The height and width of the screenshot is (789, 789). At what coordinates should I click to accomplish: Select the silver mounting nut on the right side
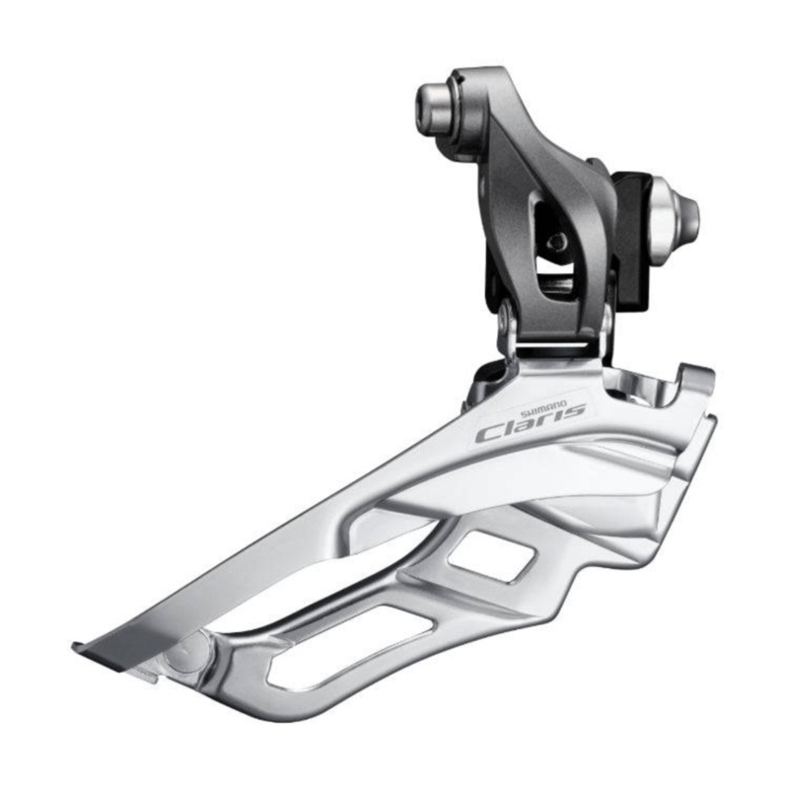click(679, 209)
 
